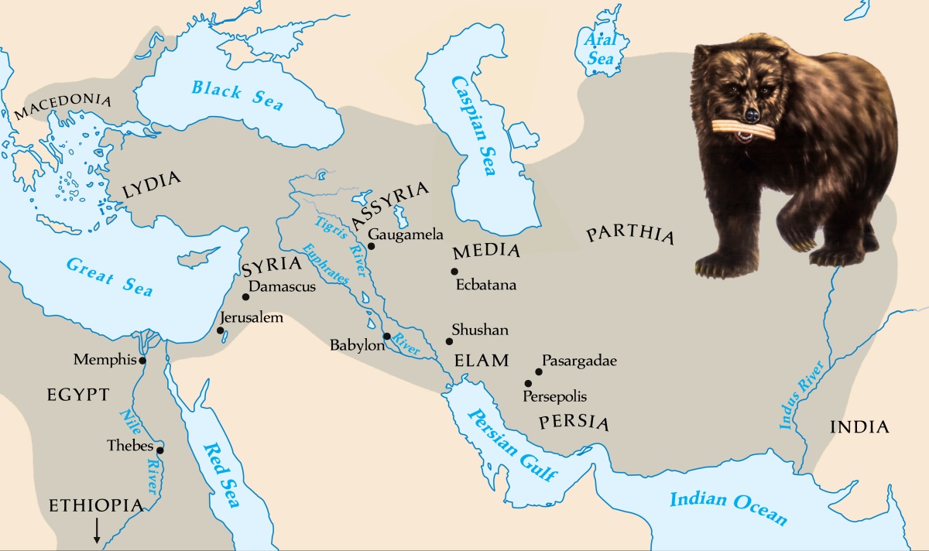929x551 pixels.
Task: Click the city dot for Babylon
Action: pos(386,337)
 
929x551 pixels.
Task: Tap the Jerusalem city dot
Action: pos(221,330)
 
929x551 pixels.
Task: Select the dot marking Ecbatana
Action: pos(454,271)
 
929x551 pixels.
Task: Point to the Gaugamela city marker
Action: pos(371,246)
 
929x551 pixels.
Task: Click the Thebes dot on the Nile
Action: pos(160,450)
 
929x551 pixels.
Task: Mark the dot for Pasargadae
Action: pos(539,371)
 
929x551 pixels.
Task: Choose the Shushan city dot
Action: pos(449,341)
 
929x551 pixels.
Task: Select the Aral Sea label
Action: pos(601,48)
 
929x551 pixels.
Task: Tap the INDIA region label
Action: pos(859,427)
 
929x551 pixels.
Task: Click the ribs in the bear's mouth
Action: pos(746,128)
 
